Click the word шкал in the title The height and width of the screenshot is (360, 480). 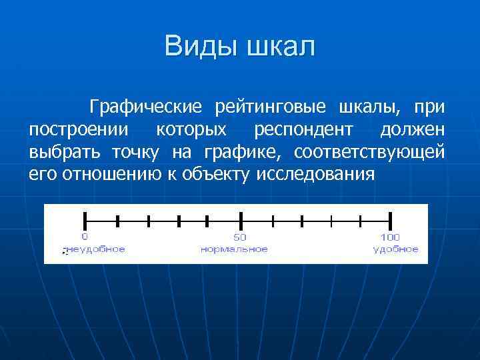[x=279, y=47]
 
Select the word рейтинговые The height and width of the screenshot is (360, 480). [x=270, y=107]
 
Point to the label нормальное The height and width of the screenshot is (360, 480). [x=235, y=249]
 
